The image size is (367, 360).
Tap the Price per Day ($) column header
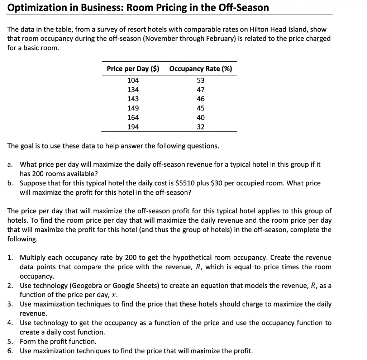(x=133, y=68)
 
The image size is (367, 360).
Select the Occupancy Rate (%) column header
(x=200, y=68)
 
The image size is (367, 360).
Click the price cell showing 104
(x=133, y=80)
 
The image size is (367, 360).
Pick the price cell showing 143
(x=133, y=99)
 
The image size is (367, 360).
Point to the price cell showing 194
(x=133, y=127)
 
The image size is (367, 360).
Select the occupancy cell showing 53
(x=201, y=80)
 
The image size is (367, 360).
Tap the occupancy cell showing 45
(x=201, y=108)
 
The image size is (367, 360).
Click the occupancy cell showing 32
(x=201, y=127)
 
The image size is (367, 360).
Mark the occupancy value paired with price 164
(x=201, y=118)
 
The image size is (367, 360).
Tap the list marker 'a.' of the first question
(x=11, y=165)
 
